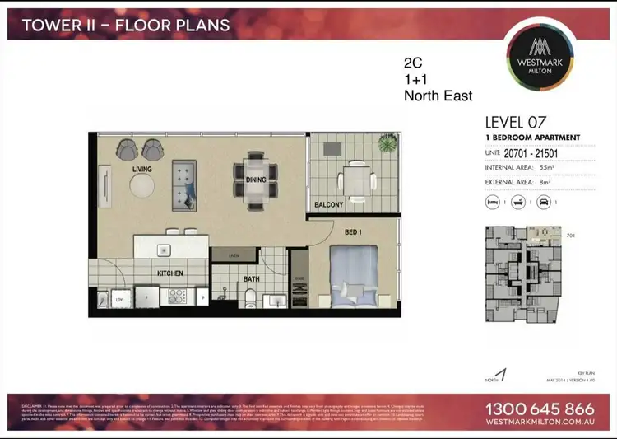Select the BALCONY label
(328, 204)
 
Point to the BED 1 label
(354, 234)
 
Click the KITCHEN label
(169, 273)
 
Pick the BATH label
(252, 280)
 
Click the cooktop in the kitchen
(175, 294)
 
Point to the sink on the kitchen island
(164, 250)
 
